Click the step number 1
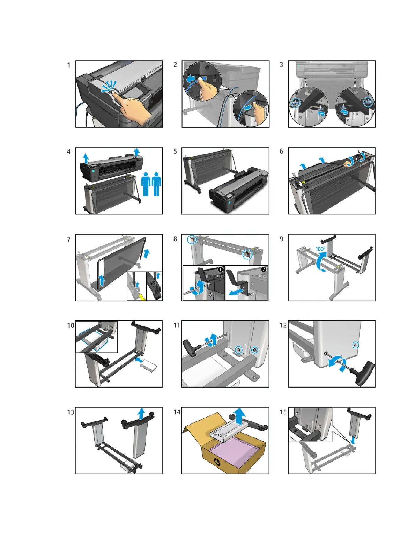pos(69,65)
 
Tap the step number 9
pos(281,239)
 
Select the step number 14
pos(177,412)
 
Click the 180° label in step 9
pos(320,249)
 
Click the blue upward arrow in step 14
pos(239,416)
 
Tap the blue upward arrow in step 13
pos(141,413)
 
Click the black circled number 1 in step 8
pos(220,270)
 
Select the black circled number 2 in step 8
pos(264,269)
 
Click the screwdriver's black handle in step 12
pos(365,374)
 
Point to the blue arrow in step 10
pos(139,359)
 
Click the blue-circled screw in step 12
pos(355,345)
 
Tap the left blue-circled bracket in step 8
pos(192,239)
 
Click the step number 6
pos(281,151)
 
